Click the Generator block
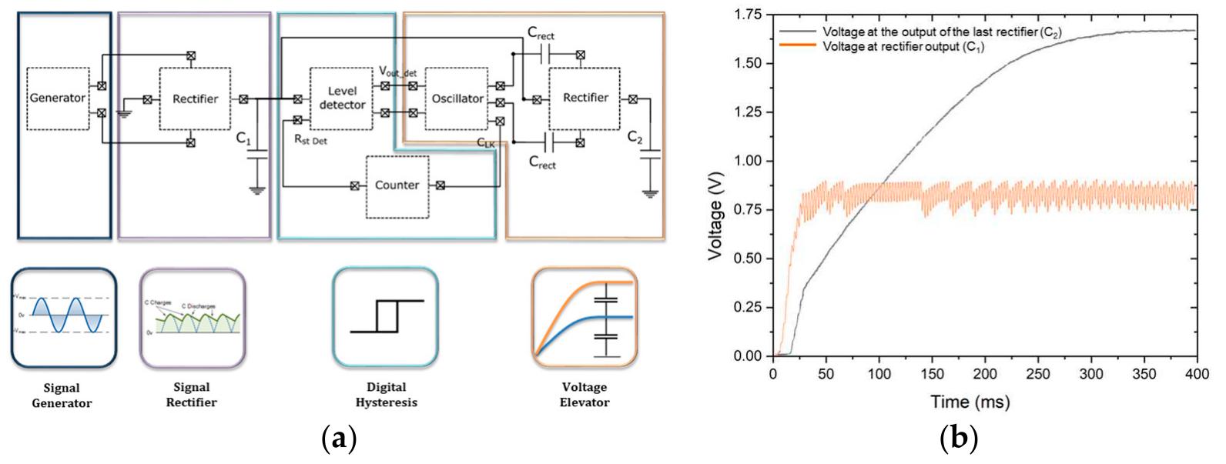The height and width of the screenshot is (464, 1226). [x=57, y=98]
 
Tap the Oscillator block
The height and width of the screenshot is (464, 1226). [x=457, y=98]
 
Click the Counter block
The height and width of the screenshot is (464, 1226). [x=397, y=185]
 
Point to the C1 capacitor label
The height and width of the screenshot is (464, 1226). [x=243, y=139]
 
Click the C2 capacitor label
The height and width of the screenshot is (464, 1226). [x=635, y=138]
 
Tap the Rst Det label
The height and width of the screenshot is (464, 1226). [x=311, y=141]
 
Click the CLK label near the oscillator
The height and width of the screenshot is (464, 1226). [x=486, y=142]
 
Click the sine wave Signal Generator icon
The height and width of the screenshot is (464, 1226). [x=63, y=316]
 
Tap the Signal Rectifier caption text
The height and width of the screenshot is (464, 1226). [x=191, y=394]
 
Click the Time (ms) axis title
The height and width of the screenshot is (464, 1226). [x=970, y=401]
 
